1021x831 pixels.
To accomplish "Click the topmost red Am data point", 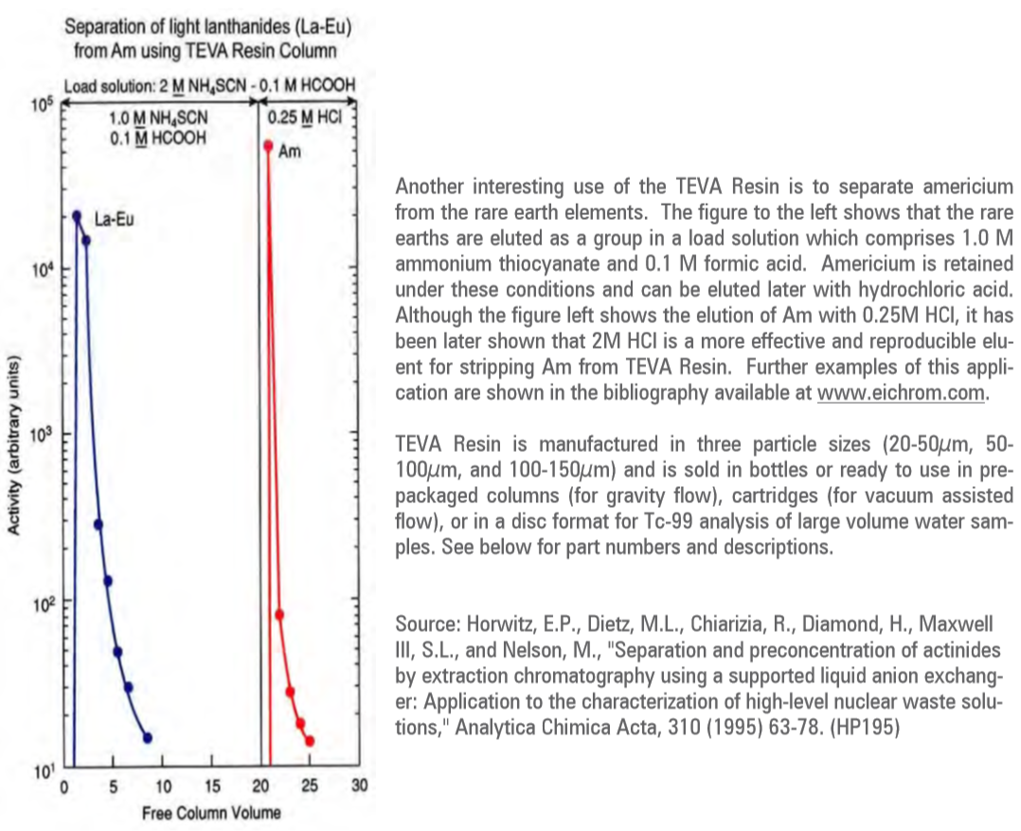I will coord(268,146).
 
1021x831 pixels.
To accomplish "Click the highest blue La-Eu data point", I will coord(77,216).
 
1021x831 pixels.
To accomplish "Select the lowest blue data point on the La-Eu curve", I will coord(147,737).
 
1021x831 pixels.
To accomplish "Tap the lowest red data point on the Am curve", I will coord(310,741).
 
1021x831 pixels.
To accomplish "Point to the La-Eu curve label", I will coord(115,221).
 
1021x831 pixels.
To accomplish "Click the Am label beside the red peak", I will coord(290,151).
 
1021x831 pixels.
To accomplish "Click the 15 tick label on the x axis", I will coord(211,786).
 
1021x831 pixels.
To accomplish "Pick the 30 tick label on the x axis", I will coord(359,786).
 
